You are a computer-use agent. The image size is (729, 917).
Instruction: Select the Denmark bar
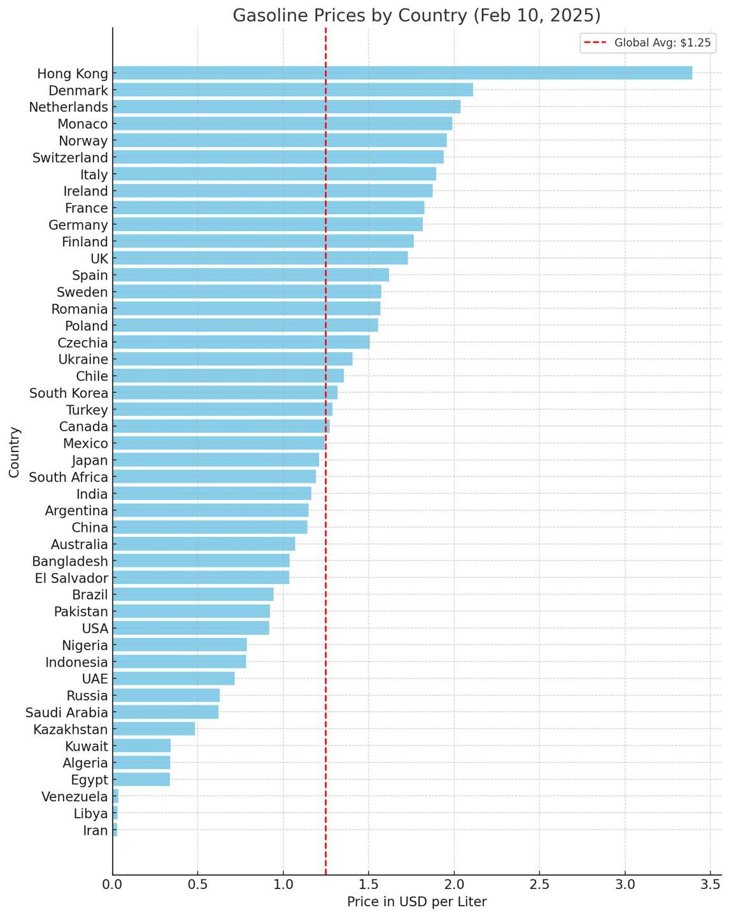click(x=293, y=90)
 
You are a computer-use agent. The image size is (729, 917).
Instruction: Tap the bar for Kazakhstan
click(x=154, y=729)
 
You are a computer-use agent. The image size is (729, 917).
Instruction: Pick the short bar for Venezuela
click(x=116, y=797)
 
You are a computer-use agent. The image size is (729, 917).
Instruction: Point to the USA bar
click(x=191, y=629)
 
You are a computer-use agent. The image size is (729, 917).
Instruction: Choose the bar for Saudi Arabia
click(x=166, y=713)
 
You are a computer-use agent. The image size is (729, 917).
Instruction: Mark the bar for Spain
click(x=251, y=275)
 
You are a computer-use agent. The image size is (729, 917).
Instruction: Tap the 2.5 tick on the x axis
click(x=539, y=885)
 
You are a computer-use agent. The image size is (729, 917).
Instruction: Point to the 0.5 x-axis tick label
click(x=198, y=885)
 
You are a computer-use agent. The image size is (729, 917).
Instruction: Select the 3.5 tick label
click(x=710, y=885)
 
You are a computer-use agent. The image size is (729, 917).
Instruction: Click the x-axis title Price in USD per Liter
click(x=416, y=902)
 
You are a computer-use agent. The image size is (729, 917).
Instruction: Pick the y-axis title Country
click(x=15, y=452)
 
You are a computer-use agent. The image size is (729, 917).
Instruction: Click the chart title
click(x=416, y=15)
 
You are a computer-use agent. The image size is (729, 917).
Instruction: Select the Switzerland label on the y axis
click(x=70, y=157)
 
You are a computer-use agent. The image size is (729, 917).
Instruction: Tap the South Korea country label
click(x=69, y=393)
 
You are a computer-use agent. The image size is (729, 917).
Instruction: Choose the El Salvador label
click(x=71, y=578)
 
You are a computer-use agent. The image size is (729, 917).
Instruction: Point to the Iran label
click(x=96, y=830)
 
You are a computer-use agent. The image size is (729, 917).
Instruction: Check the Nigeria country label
click(x=85, y=646)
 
